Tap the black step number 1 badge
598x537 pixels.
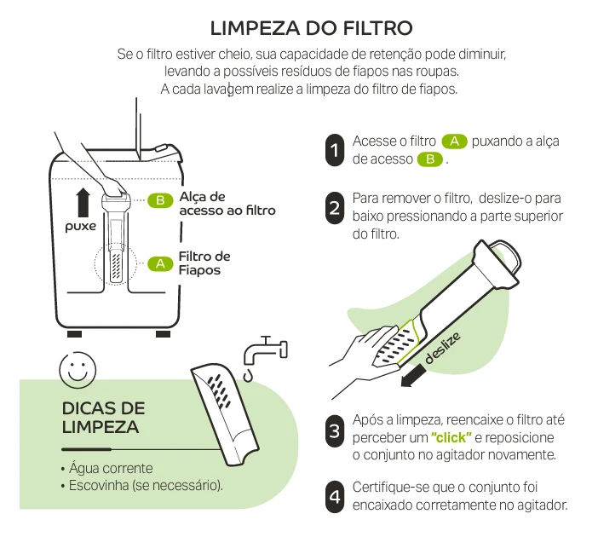tap(335, 150)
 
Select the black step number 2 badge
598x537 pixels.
tap(335, 208)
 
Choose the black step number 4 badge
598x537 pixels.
tap(335, 496)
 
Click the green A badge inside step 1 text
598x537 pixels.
tap(455, 141)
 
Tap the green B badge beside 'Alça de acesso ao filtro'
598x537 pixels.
tap(159, 200)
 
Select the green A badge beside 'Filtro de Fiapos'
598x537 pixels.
tap(159, 263)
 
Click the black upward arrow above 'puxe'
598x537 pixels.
tap(83, 203)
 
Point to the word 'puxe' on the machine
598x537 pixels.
tap(82, 227)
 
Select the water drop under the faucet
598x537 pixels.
tap(249, 373)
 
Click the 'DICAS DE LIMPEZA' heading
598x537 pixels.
tap(103, 417)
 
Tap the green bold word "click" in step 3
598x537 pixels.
tap(452, 438)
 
